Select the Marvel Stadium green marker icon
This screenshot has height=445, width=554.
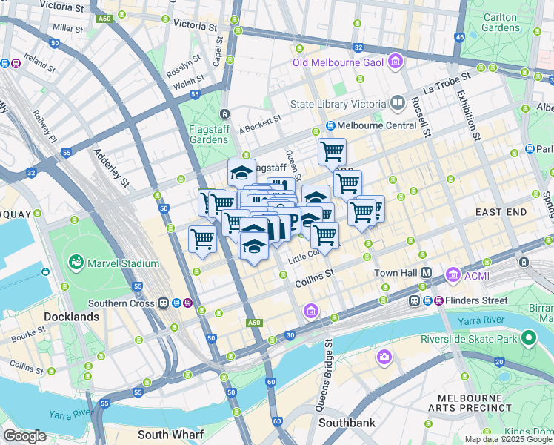coord(76,263)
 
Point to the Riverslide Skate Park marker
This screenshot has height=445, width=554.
coord(527,339)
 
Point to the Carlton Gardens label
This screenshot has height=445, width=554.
coord(501,22)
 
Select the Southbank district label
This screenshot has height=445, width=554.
coord(347,423)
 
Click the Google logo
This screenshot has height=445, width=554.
coord(24,436)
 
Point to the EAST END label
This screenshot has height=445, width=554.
coord(501,212)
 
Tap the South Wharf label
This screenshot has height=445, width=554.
coord(166,435)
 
